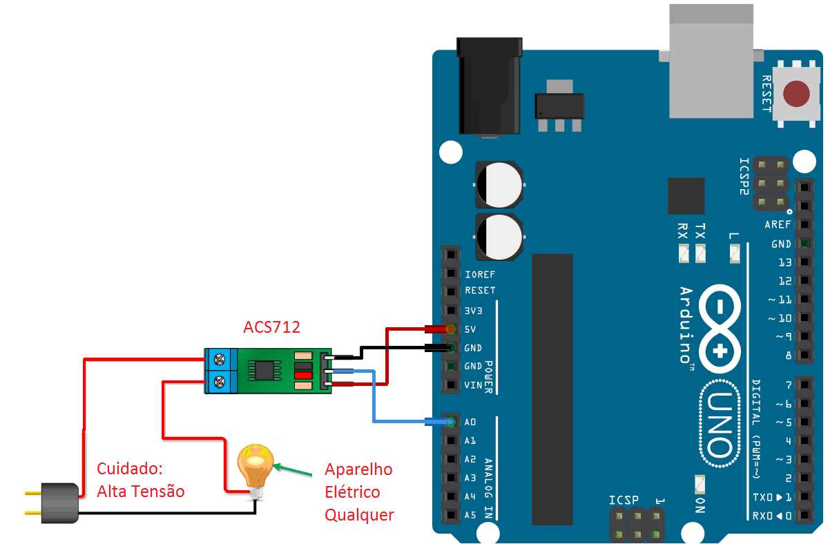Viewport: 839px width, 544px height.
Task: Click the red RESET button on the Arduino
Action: [798, 94]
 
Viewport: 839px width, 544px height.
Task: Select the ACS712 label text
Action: [271, 327]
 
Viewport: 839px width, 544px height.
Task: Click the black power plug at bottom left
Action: [59, 499]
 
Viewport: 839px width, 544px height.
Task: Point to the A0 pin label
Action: [470, 422]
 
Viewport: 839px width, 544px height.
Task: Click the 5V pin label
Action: [470, 329]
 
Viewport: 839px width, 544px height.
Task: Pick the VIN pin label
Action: [473, 385]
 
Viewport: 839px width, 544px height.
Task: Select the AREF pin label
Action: [778, 225]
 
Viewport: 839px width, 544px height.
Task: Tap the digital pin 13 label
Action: [784, 262]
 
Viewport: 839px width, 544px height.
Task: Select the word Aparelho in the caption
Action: [358, 470]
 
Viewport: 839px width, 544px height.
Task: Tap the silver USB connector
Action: [711, 62]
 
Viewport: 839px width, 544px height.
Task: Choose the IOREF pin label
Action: [480, 274]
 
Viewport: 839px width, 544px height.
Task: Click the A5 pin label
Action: [470, 514]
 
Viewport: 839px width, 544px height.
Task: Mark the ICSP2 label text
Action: [744, 177]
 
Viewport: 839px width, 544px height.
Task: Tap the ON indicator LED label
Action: [699, 505]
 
